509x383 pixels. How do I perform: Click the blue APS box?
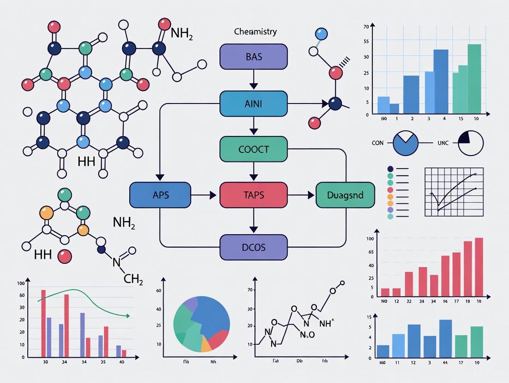point(160,195)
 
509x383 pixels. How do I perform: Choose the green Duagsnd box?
point(345,195)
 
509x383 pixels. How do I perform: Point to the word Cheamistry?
point(255,32)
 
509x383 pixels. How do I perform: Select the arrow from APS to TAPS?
point(205,195)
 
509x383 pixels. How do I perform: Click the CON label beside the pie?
point(378,143)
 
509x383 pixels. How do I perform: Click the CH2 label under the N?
point(134,279)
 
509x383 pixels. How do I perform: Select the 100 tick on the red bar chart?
point(370,238)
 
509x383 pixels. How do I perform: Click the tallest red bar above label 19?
point(479,267)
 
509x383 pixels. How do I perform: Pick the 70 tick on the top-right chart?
point(366,27)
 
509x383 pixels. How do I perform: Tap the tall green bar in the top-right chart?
point(474,79)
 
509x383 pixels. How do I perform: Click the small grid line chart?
point(454,192)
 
